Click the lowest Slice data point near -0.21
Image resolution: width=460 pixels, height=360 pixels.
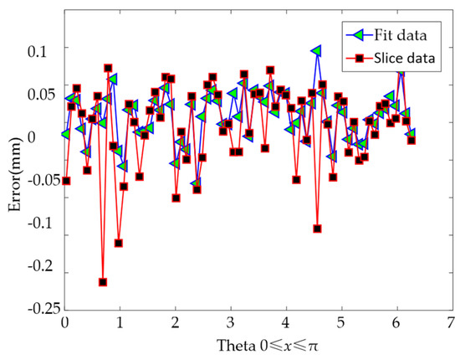point(103,282)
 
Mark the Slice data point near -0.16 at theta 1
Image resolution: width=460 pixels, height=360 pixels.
point(119,243)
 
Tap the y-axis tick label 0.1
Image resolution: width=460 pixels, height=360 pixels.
point(40,50)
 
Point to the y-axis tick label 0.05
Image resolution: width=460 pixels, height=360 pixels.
point(37,93)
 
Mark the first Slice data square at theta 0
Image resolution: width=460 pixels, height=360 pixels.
point(66,181)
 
